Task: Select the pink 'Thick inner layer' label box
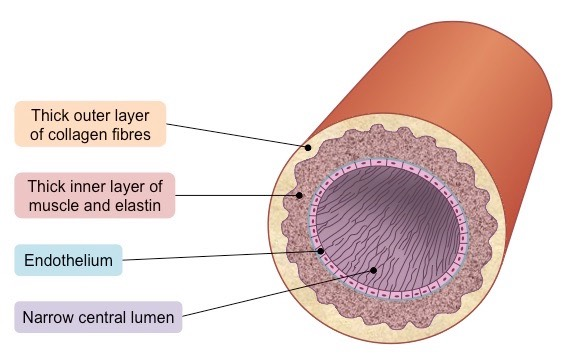pyautogui.click(x=95, y=195)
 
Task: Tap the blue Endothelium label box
pyautogui.click(x=68, y=262)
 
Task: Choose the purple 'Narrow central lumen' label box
pyautogui.click(x=98, y=318)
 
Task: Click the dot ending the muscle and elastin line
pyautogui.click(x=297, y=196)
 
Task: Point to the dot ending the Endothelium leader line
pyautogui.click(x=321, y=250)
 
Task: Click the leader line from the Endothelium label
pyautogui.click(x=220, y=257)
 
